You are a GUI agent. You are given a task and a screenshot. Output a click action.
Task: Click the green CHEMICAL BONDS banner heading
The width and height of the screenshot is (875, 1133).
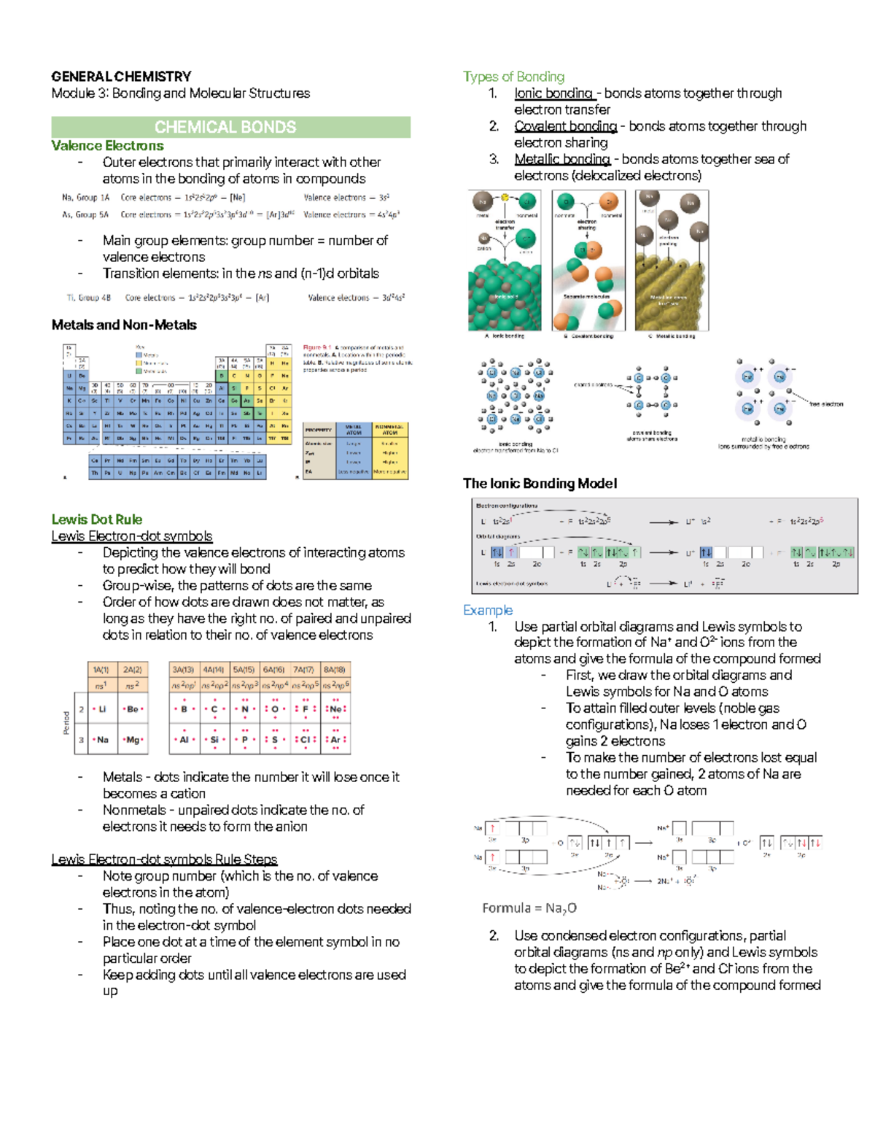(x=225, y=127)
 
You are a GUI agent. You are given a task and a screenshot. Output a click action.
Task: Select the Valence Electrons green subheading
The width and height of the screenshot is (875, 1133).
(x=107, y=146)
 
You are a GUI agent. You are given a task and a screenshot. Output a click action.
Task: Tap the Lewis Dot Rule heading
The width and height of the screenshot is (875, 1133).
(x=96, y=519)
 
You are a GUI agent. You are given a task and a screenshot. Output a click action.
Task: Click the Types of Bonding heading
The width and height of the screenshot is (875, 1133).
(x=513, y=77)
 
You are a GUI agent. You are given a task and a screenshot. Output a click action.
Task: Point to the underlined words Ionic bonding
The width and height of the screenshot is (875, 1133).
(x=553, y=93)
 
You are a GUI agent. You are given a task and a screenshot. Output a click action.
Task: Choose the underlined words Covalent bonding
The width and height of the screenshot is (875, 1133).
(x=565, y=126)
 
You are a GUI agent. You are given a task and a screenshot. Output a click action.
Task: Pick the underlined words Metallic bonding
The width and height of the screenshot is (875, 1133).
(x=561, y=159)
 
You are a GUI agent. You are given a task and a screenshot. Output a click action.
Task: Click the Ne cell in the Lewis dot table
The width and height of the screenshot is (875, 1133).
(x=335, y=708)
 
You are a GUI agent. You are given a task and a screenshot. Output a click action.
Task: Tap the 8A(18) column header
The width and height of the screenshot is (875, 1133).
(x=335, y=670)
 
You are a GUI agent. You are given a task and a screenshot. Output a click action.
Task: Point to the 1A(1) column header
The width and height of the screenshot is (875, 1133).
(x=101, y=670)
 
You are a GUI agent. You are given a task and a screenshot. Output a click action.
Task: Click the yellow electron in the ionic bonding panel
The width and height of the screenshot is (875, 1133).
(x=505, y=197)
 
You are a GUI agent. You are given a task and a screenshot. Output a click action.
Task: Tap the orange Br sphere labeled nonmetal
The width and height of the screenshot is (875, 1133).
(x=610, y=201)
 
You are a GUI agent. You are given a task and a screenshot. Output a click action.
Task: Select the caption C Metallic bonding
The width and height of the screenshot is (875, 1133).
(x=672, y=336)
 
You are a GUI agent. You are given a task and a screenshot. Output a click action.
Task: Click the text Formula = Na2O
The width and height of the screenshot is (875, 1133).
(x=529, y=908)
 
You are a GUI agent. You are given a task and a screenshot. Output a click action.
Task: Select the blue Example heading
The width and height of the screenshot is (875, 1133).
(x=488, y=610)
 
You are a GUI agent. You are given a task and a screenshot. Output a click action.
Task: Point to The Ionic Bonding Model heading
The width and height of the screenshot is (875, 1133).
(x=540, y=483)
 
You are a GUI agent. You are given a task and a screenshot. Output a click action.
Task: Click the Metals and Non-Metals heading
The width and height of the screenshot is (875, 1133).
(x=124, y=325)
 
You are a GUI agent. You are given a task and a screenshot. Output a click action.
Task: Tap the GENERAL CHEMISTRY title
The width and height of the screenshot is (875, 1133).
(x=121, y=77)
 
